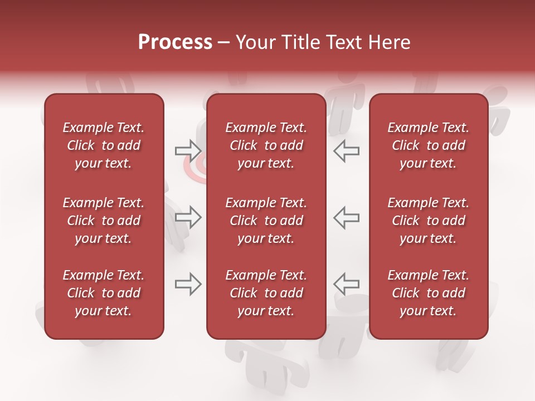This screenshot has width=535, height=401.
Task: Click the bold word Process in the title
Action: coord(175,42)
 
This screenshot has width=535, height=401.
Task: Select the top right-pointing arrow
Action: coord(188,150)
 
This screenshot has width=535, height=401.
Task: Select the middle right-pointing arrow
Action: coord(188,217)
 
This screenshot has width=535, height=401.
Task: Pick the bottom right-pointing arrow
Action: coord(188,285)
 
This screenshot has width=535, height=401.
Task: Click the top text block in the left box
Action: coord(104,145)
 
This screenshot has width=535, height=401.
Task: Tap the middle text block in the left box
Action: coord(104,221)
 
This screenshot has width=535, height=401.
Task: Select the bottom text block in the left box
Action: coord(104,293)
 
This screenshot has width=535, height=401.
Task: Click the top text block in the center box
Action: coord(266,145)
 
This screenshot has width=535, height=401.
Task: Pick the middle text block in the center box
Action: coord(266,221)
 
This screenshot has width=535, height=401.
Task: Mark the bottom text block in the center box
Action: coord(266,293)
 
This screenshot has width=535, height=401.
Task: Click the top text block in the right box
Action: coord(429,145)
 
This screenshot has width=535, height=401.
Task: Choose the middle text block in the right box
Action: coord(429,221)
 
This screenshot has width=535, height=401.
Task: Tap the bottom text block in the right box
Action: coord(429,293)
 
